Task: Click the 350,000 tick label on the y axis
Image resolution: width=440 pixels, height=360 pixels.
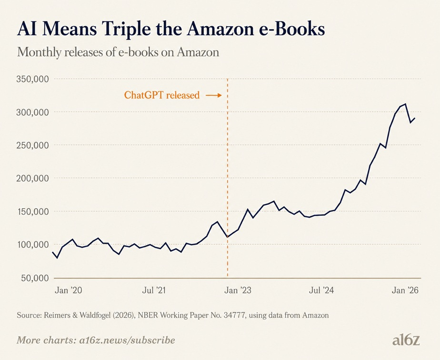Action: (32, 79)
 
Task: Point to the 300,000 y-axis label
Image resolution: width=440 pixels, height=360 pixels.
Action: (32, 112)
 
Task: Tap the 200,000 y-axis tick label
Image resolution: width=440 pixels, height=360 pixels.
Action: (32, 178)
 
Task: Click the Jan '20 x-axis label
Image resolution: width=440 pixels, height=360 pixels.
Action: (68, 290)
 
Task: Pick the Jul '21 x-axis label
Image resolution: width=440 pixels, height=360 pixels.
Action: (154, 290)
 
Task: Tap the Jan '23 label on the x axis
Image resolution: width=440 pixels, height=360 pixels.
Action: (238, 290)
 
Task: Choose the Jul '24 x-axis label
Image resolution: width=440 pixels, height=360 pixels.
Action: (321, 290)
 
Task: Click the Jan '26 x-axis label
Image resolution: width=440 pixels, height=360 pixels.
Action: (405, 290)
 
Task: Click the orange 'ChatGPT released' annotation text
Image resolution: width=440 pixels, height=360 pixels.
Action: (162, 95)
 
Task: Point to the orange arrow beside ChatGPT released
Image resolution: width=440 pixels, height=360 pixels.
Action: (213, 96)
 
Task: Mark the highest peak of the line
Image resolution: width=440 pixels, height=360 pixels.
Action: (405, 104)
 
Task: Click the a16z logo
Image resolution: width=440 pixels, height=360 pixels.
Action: (406, 340)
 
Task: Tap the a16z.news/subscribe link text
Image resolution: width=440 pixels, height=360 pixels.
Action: (127, 340)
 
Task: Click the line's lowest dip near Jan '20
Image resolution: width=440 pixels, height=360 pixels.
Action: (58, 258)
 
